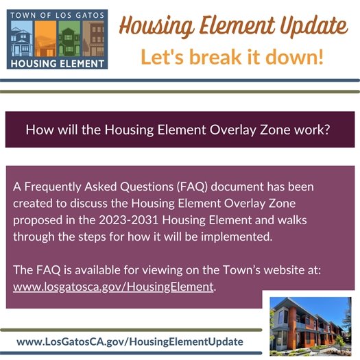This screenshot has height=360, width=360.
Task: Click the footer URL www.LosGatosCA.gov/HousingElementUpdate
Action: pyautogui.click(x=130, y=341)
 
